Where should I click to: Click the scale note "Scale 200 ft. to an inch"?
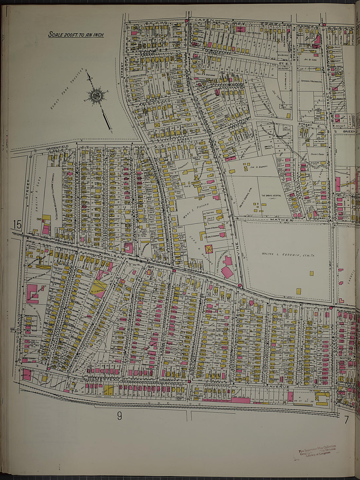[x=76, y=34]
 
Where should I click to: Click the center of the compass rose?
[x=97, y=96]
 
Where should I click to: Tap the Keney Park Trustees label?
[x=67, y=89]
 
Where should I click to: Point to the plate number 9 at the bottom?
[x=119, y=416]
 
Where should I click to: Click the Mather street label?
[x=281, y=220]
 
